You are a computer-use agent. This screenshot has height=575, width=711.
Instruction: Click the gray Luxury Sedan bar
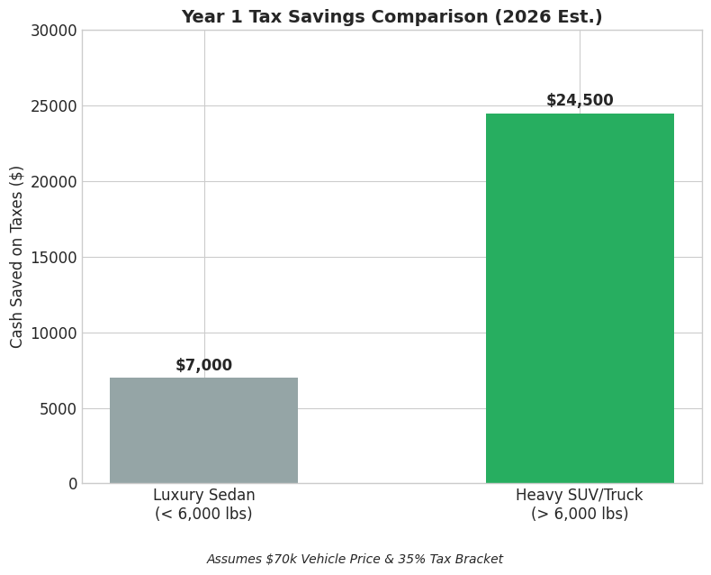tap(203, 431)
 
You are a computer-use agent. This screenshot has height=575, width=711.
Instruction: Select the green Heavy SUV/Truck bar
tap(580, 298)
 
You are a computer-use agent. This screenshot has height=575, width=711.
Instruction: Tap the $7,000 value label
tap(203, 366)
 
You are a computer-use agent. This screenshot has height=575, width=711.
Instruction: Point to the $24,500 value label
tap(580, 101)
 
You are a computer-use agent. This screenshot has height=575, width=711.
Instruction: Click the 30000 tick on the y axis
tap(54, 31)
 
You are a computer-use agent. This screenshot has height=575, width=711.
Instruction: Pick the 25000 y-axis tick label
tap(54, 106)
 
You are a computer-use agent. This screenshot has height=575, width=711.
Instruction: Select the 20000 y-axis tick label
tap(54, 182)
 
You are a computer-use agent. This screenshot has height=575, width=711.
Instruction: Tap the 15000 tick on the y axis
tap(54, 258)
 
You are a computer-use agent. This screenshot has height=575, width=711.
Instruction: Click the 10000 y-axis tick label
tap(54, 333)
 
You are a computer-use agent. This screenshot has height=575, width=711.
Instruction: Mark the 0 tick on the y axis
tap(73, 484)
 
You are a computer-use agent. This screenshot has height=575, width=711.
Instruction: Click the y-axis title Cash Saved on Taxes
tap(17, 257)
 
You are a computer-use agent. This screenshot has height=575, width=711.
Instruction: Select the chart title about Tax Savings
tap(391, 17)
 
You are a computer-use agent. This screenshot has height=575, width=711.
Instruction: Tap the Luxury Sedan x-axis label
tap(203, 496)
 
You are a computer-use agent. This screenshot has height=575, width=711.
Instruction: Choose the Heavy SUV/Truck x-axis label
tap(580, 496)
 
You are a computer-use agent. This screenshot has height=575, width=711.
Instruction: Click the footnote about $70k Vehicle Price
tap(355, 560)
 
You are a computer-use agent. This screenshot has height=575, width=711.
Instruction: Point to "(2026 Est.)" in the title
tap(557, 17)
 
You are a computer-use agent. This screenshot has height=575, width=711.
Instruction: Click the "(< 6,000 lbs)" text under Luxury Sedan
tap(203, 515)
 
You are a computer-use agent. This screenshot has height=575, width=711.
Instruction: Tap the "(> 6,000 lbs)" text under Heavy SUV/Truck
tap(580, 515)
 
